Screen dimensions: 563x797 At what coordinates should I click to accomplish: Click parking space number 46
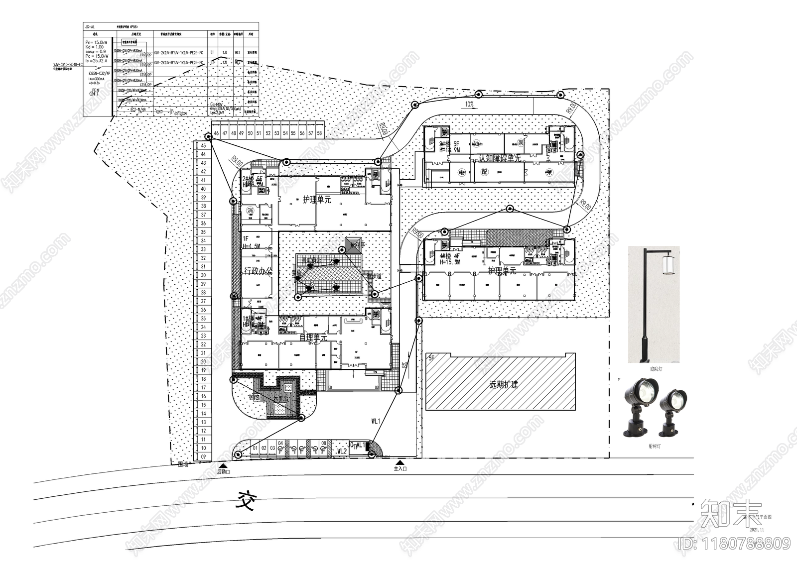tap(216, 134)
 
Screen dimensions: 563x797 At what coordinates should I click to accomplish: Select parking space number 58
tap(319, 134)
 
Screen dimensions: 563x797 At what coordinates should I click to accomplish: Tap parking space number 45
tap(203, 146)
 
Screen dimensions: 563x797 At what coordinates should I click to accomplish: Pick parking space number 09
tap(203, 456)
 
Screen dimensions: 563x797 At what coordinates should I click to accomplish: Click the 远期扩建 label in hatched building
tap(504, 385)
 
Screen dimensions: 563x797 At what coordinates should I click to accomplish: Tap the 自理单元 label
tap(313, 338)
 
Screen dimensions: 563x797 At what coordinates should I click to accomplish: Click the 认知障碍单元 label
tap(500, 158)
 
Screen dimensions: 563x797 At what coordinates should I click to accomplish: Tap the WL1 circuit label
tap(376, 421)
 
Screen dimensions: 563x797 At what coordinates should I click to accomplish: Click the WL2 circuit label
tap(342, 451)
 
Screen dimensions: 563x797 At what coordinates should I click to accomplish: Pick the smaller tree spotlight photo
tap(674, 406)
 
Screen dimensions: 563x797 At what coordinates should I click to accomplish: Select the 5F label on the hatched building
tap(431, 358)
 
